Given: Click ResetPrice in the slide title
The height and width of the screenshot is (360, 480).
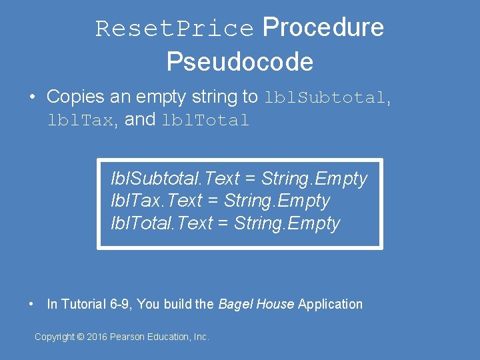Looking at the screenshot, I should coord(175,29).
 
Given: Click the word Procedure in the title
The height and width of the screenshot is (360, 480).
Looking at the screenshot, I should coord(323,27).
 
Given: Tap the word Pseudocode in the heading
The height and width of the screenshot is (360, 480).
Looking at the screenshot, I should coord(240,62).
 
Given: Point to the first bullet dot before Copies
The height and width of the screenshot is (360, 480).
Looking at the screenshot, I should coord(32,97).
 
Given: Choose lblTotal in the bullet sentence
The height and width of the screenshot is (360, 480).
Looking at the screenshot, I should coord(205,121).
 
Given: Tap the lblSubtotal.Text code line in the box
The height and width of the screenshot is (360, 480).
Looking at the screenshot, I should coord(239,179).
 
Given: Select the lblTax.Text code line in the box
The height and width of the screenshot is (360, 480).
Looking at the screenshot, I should coord(220,201).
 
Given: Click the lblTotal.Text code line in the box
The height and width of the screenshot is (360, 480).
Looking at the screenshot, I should coord(225,223).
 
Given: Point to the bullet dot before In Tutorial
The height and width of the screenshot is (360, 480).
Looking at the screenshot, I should coord(32,304).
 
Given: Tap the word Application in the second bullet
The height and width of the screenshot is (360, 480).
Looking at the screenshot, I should coord(330,304).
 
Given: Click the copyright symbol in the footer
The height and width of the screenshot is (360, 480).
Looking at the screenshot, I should coord(81,337).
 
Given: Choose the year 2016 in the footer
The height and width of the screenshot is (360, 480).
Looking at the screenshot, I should coord(97,337).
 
